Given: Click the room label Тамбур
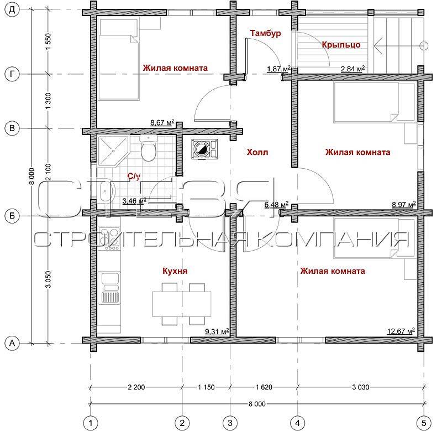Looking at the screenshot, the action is [x=265, y=33].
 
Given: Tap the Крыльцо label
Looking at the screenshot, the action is [x=341, y=45].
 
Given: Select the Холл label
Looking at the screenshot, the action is [x=257, y=152].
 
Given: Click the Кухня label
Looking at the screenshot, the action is [x=175, y=271].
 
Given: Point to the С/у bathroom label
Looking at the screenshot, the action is [x=134, y=176].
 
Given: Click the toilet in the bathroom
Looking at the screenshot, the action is [x=148, y=148].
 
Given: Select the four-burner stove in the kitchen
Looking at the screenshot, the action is [x=109, y=237].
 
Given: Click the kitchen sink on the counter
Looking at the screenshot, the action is [x=109, y=287].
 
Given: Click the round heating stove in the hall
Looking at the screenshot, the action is [x=202, y=149].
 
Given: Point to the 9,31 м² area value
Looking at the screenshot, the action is [x=217, y=331].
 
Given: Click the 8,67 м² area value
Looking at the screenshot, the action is [x=162, y=122].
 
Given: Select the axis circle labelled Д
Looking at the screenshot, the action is [x=12, y=9].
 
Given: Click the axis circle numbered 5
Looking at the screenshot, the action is [x=424, y=423].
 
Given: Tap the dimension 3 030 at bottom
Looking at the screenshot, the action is [x=361, y=387].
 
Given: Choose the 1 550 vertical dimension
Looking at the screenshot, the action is [x=48, y=41].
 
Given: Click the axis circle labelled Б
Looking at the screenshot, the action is [x=12, y=216].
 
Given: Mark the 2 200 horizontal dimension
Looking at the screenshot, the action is [x=136, y=387].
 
